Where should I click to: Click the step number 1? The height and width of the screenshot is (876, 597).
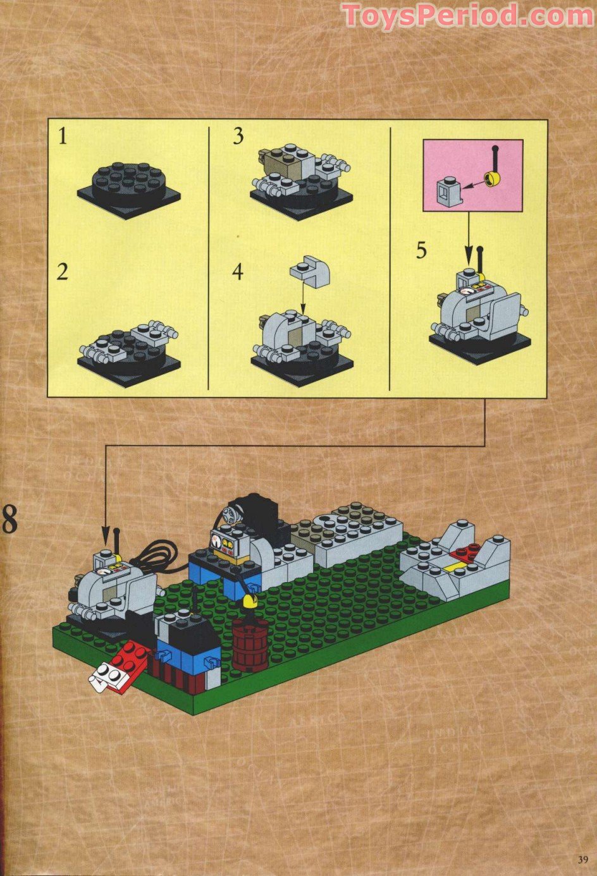[63, 136]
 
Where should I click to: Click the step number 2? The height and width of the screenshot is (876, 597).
[62, 272]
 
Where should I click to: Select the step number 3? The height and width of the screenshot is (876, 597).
[238, 136]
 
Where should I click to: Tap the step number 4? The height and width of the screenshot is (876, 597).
[238, 272]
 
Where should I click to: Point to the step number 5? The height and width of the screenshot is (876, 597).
[421, 251]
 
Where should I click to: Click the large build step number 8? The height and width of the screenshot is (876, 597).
[9, 520]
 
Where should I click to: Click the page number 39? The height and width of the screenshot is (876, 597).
[582, 859]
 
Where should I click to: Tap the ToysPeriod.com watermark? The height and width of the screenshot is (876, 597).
[468, 15]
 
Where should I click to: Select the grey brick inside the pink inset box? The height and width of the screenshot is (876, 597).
[448, 191]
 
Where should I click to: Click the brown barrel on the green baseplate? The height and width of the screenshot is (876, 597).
[251, 645]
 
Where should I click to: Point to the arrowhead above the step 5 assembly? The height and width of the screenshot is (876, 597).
[469, 260]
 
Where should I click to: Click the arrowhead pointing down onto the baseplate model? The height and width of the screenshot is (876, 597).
[106, 534]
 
